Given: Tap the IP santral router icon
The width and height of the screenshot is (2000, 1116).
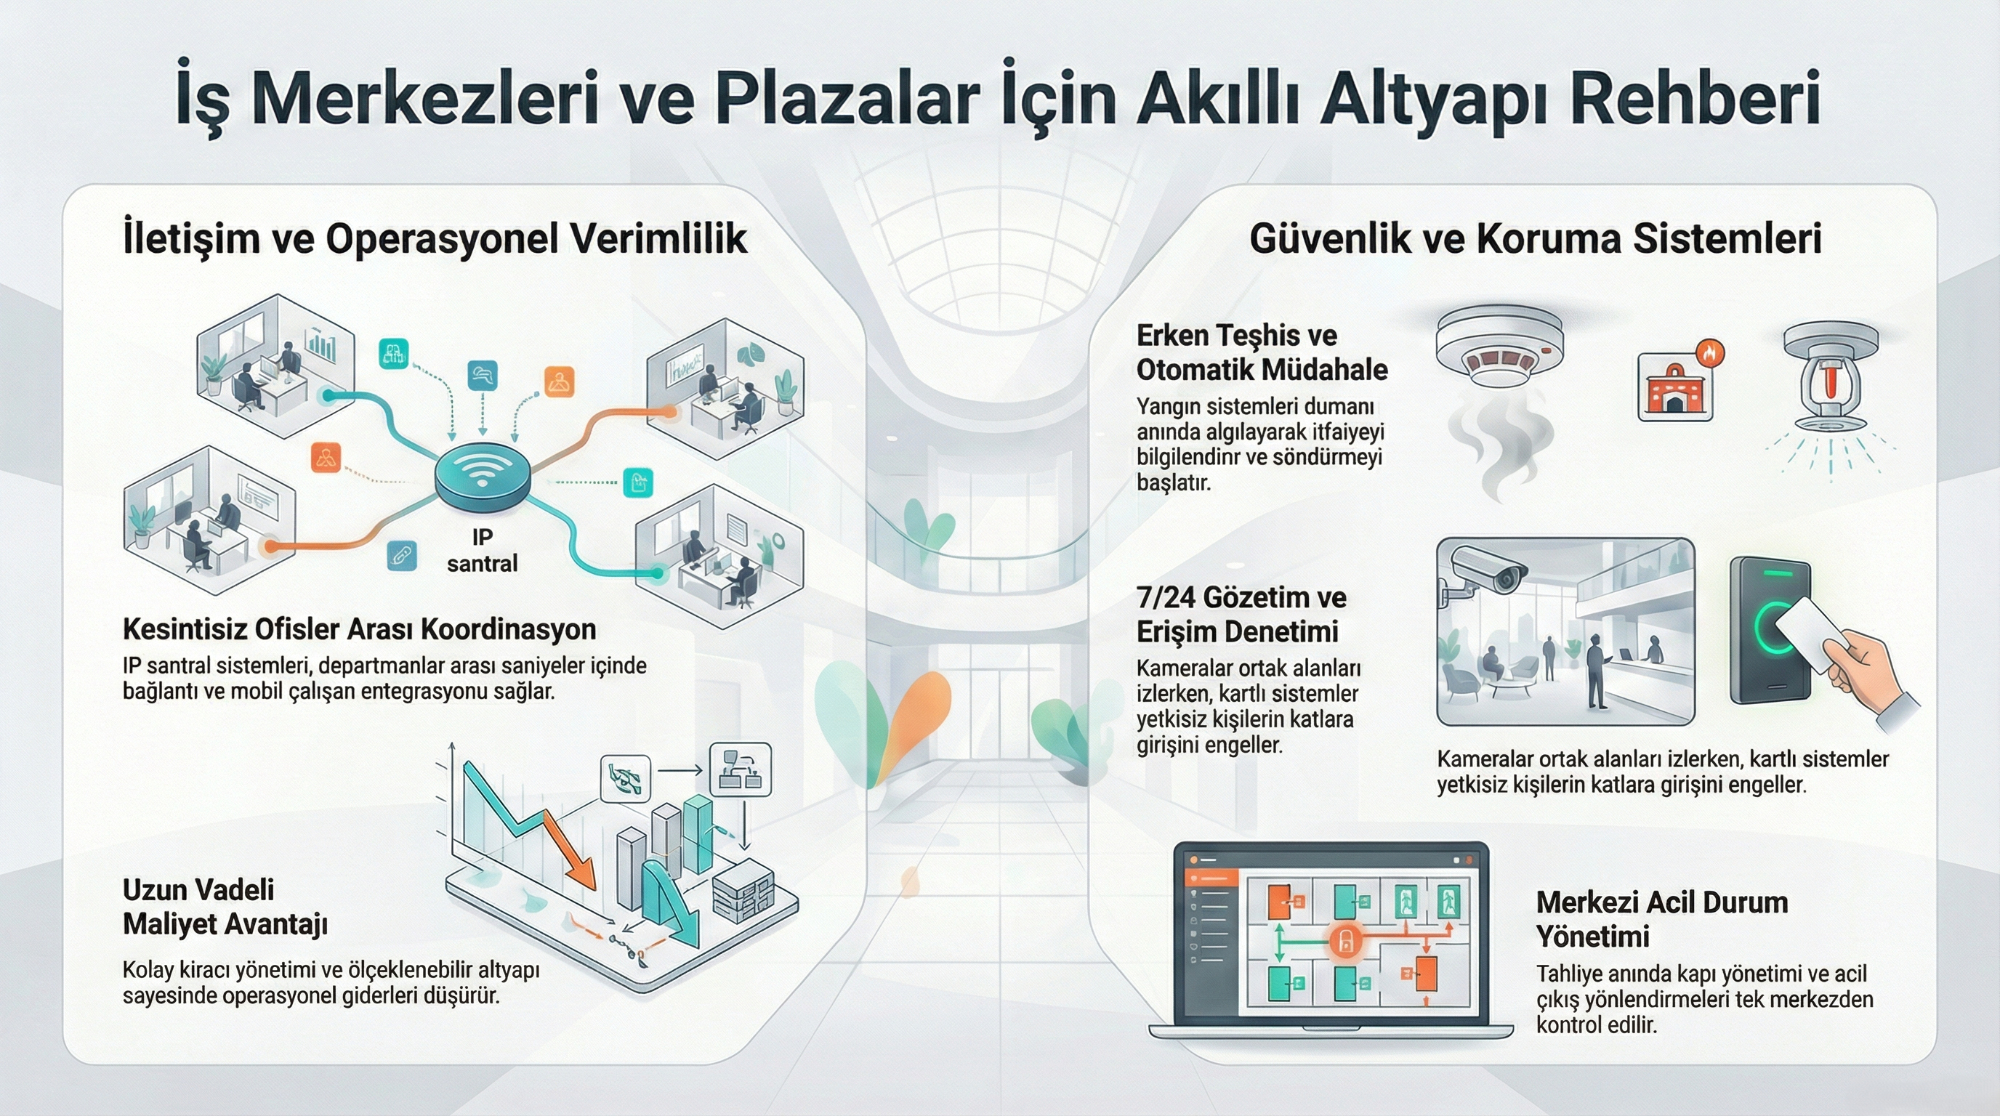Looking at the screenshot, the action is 482,477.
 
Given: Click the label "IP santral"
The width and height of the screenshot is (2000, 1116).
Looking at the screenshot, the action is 482,549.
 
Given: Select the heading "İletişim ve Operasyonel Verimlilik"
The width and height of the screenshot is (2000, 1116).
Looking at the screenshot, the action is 435,238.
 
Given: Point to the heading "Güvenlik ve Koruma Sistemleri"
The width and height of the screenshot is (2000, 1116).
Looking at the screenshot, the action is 1536,238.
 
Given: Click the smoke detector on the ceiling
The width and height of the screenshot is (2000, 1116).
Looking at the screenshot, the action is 1499,345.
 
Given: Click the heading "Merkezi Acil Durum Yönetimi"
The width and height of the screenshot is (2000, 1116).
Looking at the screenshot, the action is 1661,919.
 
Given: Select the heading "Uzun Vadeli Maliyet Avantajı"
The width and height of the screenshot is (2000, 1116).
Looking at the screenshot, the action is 225,907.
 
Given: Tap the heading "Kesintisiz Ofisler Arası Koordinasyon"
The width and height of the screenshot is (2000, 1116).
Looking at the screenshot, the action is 360,628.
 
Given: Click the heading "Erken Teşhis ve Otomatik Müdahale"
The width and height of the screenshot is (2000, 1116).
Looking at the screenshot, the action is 1262,352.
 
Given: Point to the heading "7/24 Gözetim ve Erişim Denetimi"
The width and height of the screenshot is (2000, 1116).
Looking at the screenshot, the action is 1241,615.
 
